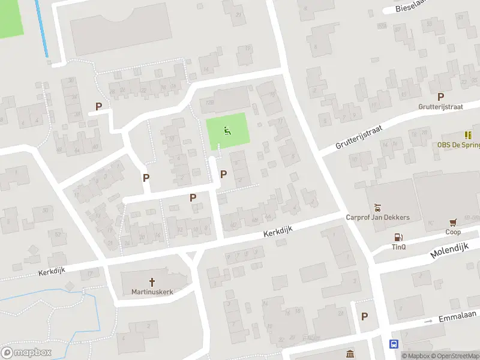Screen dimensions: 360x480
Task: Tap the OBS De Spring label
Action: click(x=458, y=145)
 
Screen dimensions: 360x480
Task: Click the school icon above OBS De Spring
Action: click(x=468, y=136)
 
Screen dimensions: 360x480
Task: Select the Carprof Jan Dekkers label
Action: click(x=378, y=217)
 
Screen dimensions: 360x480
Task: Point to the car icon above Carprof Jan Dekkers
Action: click(x=377, y=208)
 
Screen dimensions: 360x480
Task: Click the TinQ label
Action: click(x=399, y=247)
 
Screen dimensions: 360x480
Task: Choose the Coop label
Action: click(x=452, y=232)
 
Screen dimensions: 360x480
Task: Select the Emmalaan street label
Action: click(x=457, y=316)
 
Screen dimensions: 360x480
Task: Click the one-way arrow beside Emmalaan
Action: click(x=428, y=322)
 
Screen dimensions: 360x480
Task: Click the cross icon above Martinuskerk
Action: click(x=152, y=281)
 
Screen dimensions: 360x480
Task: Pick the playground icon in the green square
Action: click(x=227, y=131)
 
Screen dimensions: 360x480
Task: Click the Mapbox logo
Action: click(x=26, y=352)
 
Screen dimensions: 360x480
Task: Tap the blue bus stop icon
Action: click(x=394, y=344)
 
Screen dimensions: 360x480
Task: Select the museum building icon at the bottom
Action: click(x=350, y=352)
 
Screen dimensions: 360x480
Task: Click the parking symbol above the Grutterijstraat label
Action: click(x=441, y=97)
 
